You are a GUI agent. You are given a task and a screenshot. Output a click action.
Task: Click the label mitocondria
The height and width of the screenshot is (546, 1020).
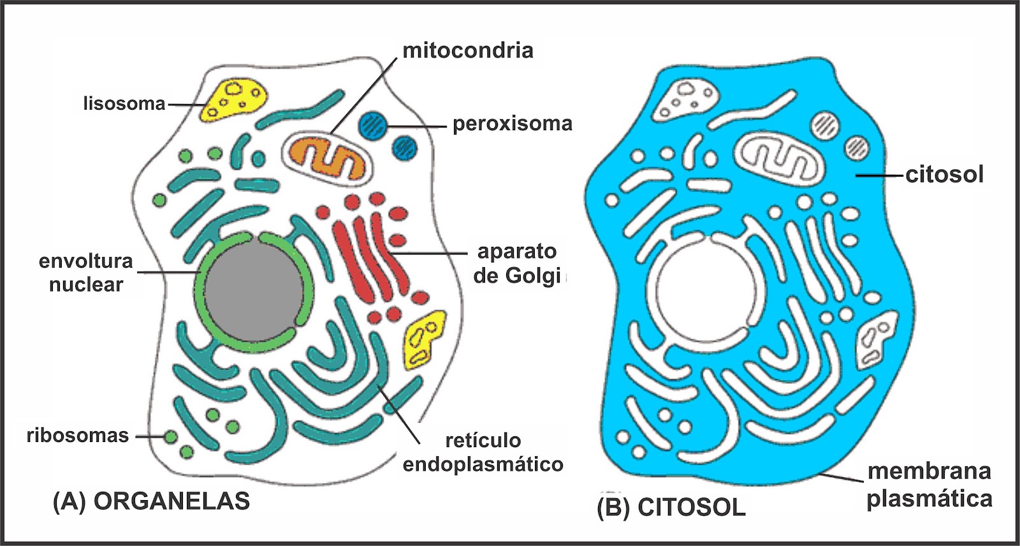[x=467, y=50]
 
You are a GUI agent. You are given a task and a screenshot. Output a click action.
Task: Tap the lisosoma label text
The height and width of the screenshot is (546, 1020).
[x=124, y=103]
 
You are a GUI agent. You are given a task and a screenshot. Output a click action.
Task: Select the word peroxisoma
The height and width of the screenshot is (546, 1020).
[x=513, y=124]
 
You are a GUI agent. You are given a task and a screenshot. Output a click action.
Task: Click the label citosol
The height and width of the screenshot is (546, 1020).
[x=945, y=174]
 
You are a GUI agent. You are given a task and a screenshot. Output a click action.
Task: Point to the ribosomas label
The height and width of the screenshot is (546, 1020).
[x=78, y=436]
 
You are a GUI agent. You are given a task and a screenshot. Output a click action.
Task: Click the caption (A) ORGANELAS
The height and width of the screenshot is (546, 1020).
[x=152, y=501]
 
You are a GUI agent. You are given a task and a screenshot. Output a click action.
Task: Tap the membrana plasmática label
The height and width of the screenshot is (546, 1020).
[x=929, y=485]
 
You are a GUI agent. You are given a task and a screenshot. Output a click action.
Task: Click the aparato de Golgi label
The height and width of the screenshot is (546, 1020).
[x=517, y=263]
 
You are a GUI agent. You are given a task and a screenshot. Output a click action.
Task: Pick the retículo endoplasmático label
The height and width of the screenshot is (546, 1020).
[x=483, y=452]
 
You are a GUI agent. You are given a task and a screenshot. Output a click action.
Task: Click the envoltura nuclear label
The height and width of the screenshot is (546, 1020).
[x=86, y=272]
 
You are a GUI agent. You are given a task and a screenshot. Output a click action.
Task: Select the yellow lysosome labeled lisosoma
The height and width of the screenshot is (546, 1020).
[x=234, y=99]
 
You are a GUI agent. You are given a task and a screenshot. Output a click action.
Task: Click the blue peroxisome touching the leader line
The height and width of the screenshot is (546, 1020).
[x=372, y=124]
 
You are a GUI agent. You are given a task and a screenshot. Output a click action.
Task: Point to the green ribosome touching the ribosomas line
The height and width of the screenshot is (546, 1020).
[x=170, y=437]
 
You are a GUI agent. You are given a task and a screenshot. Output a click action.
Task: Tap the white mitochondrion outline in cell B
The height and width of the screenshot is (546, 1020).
[x=778, y=159]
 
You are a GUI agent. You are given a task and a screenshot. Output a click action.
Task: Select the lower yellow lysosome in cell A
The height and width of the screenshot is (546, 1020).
[x=424, y=339]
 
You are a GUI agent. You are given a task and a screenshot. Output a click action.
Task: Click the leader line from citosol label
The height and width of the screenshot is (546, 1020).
[x=880, y=174]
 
